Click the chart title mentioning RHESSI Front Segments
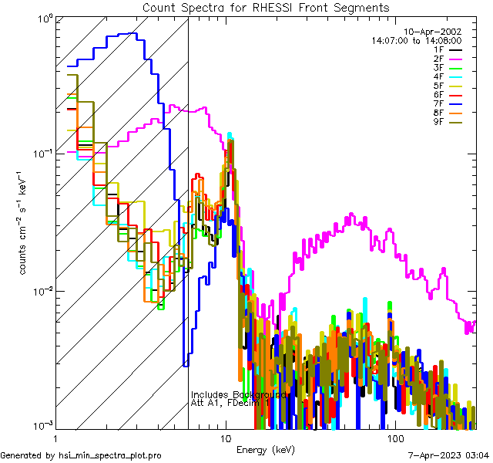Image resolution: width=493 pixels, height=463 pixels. point(266,7)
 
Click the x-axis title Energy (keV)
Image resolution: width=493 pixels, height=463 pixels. point(266,449)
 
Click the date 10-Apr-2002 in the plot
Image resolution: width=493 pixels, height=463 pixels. point(433,32)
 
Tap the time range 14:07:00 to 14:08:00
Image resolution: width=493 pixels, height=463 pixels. point(416,40)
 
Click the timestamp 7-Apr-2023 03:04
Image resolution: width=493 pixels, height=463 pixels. point(448,456)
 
